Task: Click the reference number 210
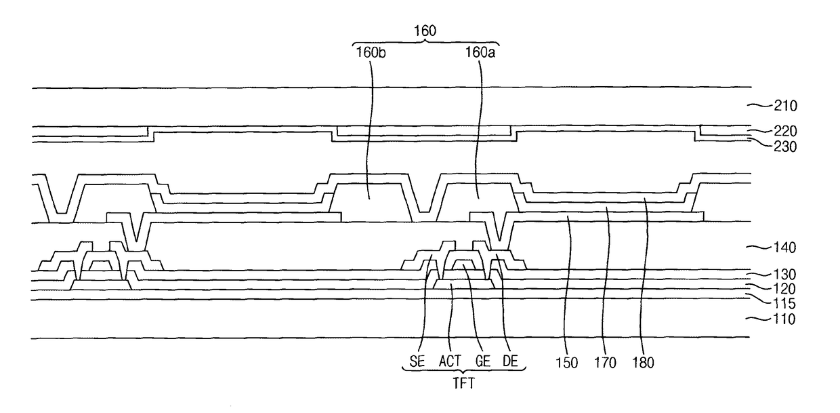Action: click(x=786, y=106)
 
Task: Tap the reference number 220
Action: click(x=786, y=131)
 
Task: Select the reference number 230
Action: click(x=786, y=146)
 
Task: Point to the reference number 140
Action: click(x=785, y=248)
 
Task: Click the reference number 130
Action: click(x=785, y=275)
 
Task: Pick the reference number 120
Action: click(x=785, y=289)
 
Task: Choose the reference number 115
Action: click(x=785, y=303)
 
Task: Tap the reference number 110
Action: click(x=784, y=319)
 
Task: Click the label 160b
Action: click(x=371, y=53)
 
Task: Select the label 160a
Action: click(x=480, y=53)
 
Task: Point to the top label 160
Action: click(x=425, y=31)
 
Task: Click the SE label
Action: click(x=417, y=361)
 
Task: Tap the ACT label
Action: click(x=450, y=361)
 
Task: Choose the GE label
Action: click(x=483, y=361)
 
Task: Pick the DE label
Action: click(x=510, y=361)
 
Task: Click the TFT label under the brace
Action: click(x=464, y=383)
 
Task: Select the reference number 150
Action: click(x=566, y=363)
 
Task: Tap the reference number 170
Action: click(x=605, y=363)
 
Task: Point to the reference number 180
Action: click(x=643, y=363)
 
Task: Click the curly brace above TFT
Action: click(x=464, y=370)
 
